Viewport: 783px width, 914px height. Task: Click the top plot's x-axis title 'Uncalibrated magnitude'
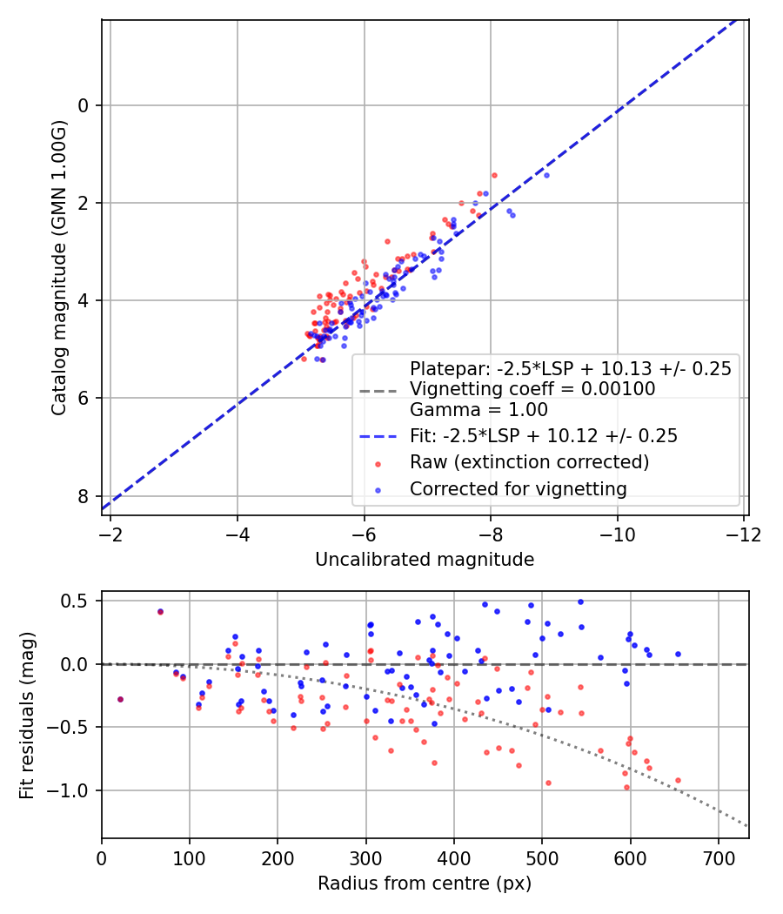pyautogui.click(x=424, y=560)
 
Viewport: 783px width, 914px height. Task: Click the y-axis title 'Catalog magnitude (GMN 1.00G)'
pyautogui.click(x=58, y=266)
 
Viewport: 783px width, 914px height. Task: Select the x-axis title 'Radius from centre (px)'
pyautogui.click(x=424, y=884)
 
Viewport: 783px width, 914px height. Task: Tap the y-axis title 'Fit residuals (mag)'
pyautogui.click(x=27, y=715)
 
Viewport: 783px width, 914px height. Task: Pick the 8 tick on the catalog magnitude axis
pyautogui.click(x=84, y=496)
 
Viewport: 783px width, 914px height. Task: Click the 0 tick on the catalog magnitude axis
pyautogui.click(x=84, y=105)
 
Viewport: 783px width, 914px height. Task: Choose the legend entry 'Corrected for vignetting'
pyautogui.click(x=518, y=489)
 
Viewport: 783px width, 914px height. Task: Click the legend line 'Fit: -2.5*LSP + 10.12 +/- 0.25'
pyautogui.click(x=379, y=434)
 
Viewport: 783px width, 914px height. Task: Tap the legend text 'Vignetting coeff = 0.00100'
pyautogui.click(x=532, y=389)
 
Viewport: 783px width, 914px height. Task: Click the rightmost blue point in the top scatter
pyautogui.click(x=546, y=175)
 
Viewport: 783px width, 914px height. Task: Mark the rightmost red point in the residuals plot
pyautogui.click(x=678, y=780)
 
